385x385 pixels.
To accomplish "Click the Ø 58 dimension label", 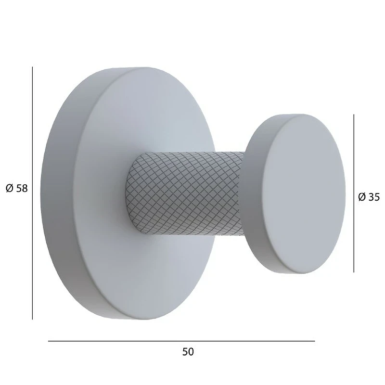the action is coord(17,189).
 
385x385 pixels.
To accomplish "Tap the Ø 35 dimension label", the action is coord(369,197).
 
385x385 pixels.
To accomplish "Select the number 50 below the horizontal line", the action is coord(188,352).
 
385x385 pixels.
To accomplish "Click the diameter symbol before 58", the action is coord(9,189).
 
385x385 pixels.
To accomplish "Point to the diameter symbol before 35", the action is coord(362,197).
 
